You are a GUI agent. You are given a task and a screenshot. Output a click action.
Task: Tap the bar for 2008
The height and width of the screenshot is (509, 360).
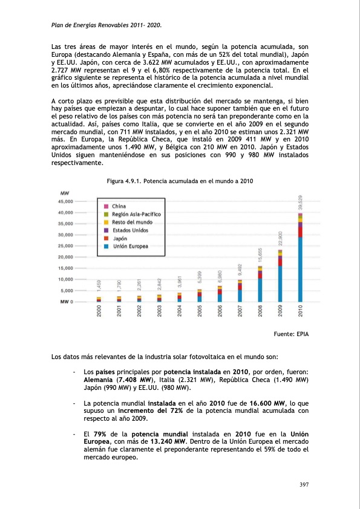[260, 284]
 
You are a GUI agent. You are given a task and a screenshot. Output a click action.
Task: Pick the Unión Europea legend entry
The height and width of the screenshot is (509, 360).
[130, 246]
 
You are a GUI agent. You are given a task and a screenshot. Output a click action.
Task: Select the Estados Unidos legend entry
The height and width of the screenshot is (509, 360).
[130, 230]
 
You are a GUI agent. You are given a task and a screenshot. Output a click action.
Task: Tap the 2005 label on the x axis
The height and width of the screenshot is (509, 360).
[200, 311]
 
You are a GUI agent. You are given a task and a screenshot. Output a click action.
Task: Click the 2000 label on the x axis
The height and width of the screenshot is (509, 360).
[99, 311]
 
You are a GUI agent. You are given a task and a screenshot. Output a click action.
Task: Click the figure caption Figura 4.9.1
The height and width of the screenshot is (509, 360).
[179, 181]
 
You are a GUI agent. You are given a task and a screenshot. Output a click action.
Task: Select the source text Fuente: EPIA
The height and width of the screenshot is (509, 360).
[292, 333]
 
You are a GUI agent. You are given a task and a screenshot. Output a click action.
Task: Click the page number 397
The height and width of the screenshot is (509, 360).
[304, 485]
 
